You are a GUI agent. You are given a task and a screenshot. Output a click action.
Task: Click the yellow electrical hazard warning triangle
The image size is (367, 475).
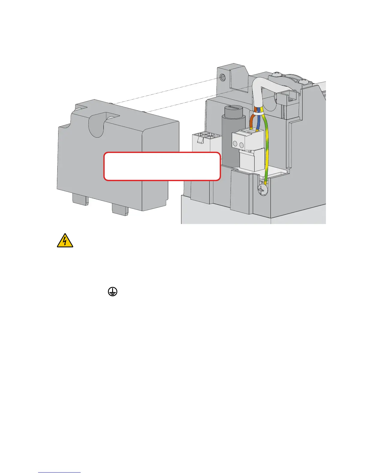(x=65, y=241)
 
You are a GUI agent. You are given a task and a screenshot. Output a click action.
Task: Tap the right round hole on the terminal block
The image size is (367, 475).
(x=242, y=145)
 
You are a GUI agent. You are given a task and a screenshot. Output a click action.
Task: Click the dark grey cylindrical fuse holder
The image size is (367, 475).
(x=230, y=141)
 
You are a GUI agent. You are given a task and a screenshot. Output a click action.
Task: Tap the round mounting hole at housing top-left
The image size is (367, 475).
(x=223, y=77)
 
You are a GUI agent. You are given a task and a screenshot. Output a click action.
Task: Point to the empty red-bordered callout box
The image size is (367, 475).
(x=162, y=166)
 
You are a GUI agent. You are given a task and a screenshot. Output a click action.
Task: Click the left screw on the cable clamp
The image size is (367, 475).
(x=276, y=73)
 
